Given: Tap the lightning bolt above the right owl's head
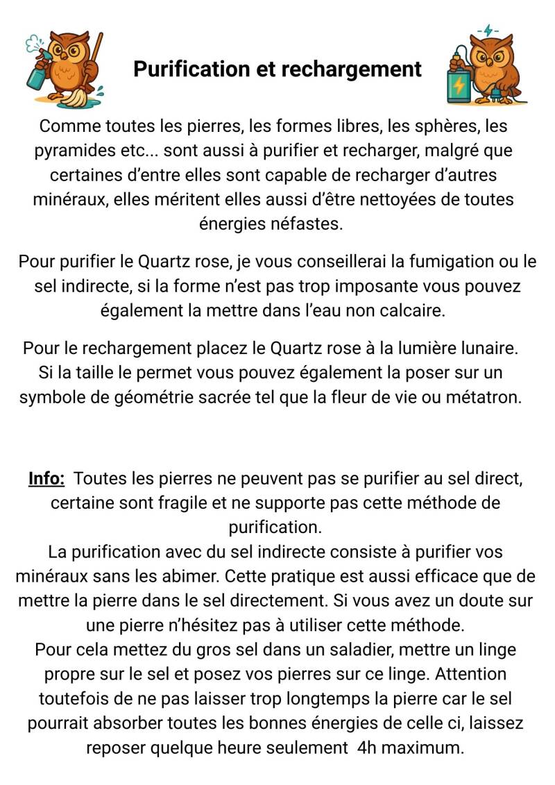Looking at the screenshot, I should (490, 31).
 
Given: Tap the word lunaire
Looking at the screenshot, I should (486, 347).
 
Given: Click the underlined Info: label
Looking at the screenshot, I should (46, 478).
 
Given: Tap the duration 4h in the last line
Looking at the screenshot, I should (368, 748).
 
